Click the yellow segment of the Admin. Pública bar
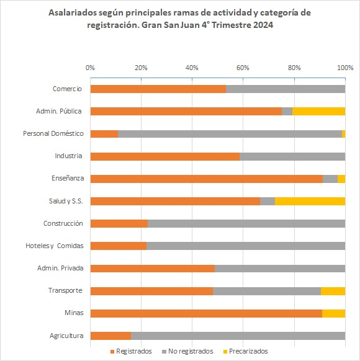319,112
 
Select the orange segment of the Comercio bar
158,89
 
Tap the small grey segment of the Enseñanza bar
330,179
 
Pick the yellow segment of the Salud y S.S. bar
310,201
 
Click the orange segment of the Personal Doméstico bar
104,134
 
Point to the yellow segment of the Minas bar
334,314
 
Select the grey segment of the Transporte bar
267,292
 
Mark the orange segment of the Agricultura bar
110,336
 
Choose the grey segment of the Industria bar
292,156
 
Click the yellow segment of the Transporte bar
333,292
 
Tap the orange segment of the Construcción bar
119,223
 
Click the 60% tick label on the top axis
243,68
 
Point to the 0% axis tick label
90,68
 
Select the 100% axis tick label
345,68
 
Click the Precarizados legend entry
246,351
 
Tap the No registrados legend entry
188,351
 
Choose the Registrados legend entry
132,351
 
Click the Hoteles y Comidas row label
55,246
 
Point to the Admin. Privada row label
60,268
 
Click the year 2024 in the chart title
263,25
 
